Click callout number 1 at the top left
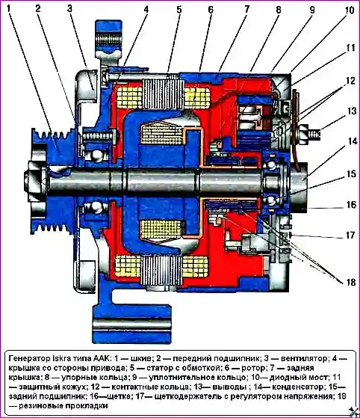click(x=9, y=8)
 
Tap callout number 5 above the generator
click(x=179, y=10)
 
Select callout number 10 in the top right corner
click(x=350, y=10)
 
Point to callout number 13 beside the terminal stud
click(x=352, y=111)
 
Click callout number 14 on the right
click(x=353, y=141)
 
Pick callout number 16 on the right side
click(x=352, y=204)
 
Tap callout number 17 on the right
click(x=350, y=235)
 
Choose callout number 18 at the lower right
click(x=351, y=282)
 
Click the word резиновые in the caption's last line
click(x=40, y=406)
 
